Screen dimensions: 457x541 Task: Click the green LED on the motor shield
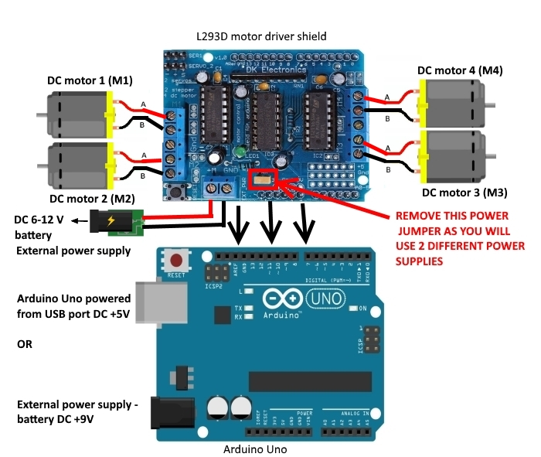point(241,151)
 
